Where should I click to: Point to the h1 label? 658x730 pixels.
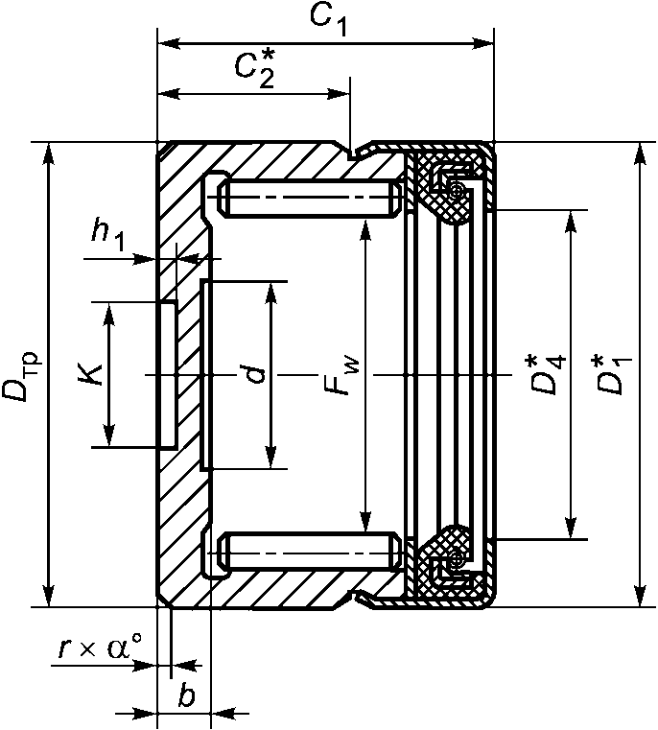click(x=107, y=236)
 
